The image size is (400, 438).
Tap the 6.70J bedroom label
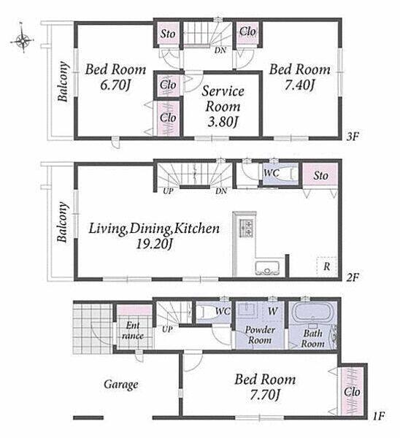tap(115, 77)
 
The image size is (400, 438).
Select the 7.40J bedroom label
tap(300, 77)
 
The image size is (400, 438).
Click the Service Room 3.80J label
tap(223, 106)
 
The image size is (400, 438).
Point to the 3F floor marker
tap(352, 137)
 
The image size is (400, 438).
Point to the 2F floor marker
tap(352, 277)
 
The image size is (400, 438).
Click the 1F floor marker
tap(379, 417)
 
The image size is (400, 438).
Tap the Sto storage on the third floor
tap(168, 34)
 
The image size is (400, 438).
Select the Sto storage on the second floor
tap(320, 175)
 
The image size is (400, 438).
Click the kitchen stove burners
tap(245, 227)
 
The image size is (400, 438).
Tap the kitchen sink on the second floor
tap(267, 269)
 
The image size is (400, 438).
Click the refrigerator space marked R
tap(326, 266)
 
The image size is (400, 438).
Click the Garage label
tap(121, 385)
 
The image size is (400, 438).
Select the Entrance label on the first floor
tap(133, 330)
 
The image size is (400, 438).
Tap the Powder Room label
tap(260, 334)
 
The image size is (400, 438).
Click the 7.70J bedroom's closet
tap(351, 391)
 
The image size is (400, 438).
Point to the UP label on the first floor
tap(167, 329)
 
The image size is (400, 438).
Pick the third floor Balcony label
tap(63, 81)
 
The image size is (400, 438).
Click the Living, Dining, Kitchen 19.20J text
tap(154, 236)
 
